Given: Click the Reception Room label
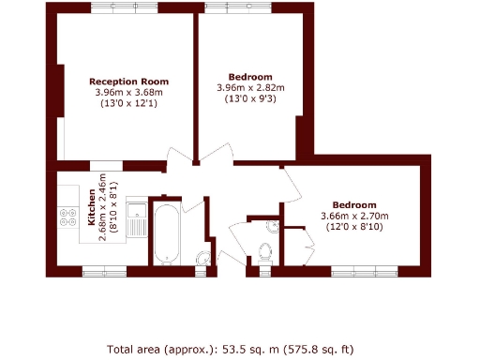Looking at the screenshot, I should click(128, 81).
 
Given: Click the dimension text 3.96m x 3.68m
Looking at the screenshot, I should click(128, 93).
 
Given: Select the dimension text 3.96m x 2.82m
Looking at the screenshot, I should click(250, 88).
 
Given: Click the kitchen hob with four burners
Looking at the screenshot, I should click(67, 217).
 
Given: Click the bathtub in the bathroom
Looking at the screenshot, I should click(167, 232).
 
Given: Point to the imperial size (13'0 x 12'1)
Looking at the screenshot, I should click(128, 104).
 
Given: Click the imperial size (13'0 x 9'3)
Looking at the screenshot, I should click(250, 99).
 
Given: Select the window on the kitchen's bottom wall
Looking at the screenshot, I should click(103, 272).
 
